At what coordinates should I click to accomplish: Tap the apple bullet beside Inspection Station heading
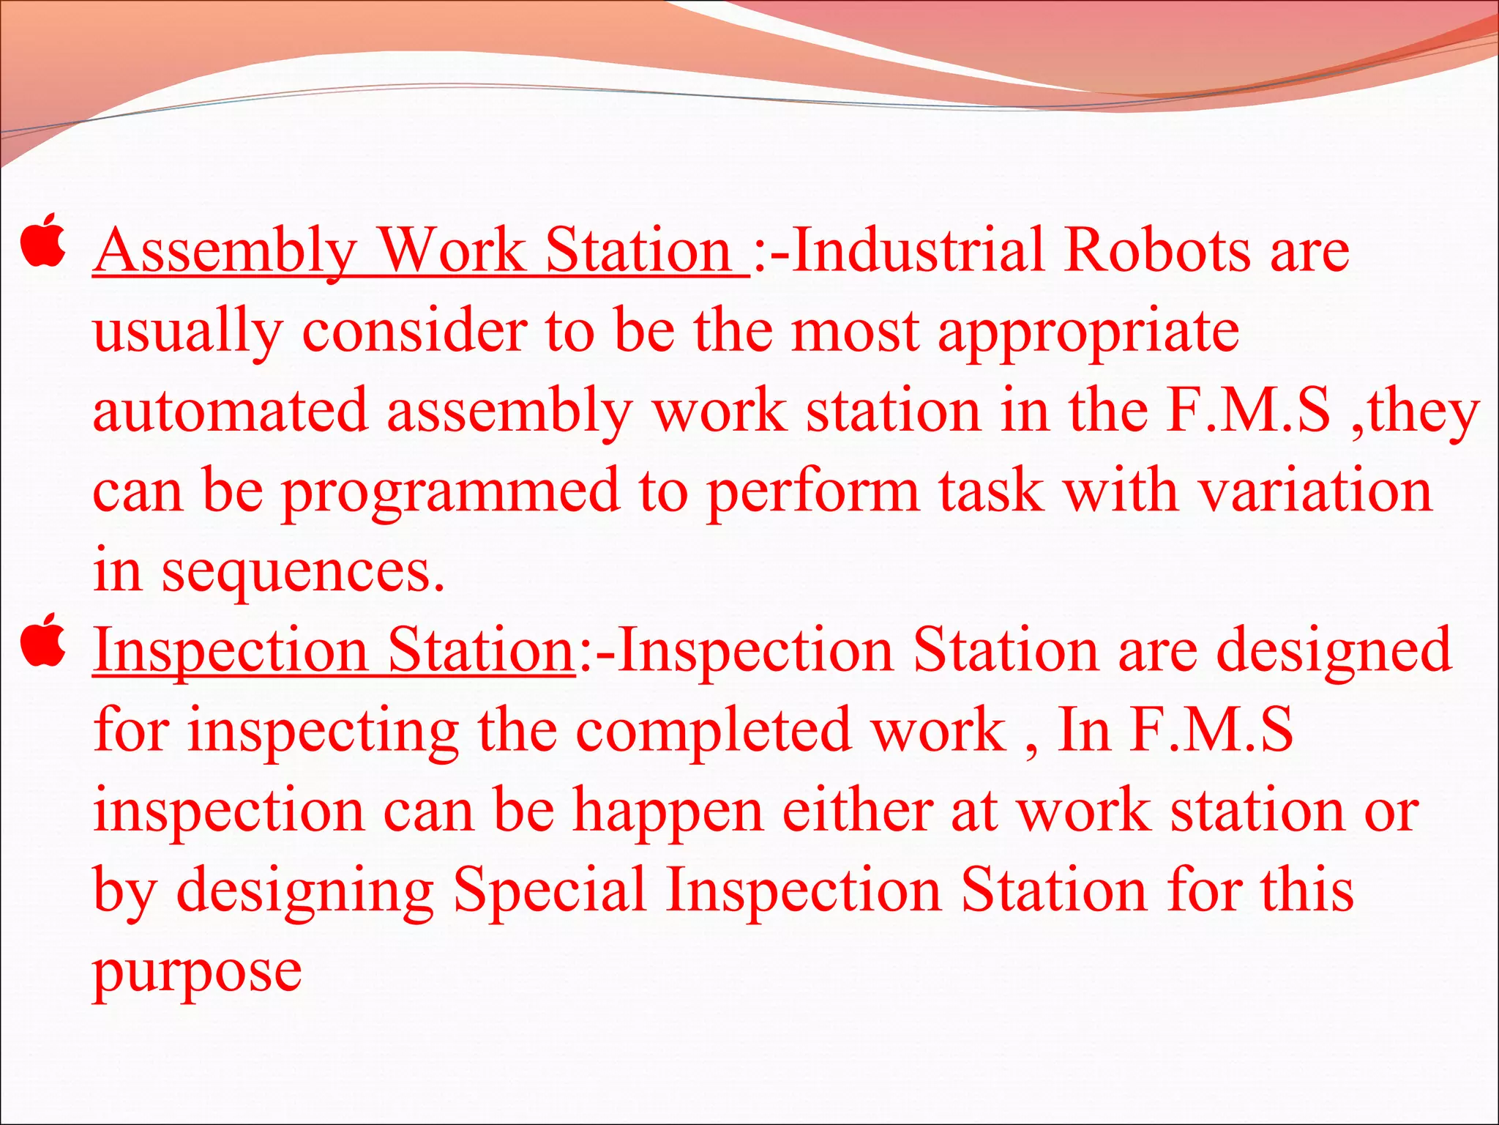point(44,640)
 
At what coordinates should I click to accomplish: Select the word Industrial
point(919,250)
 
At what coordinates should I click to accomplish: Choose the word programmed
point(451,492)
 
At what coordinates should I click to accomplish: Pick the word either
point(857,811)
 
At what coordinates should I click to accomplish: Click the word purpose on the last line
point(197,973)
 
